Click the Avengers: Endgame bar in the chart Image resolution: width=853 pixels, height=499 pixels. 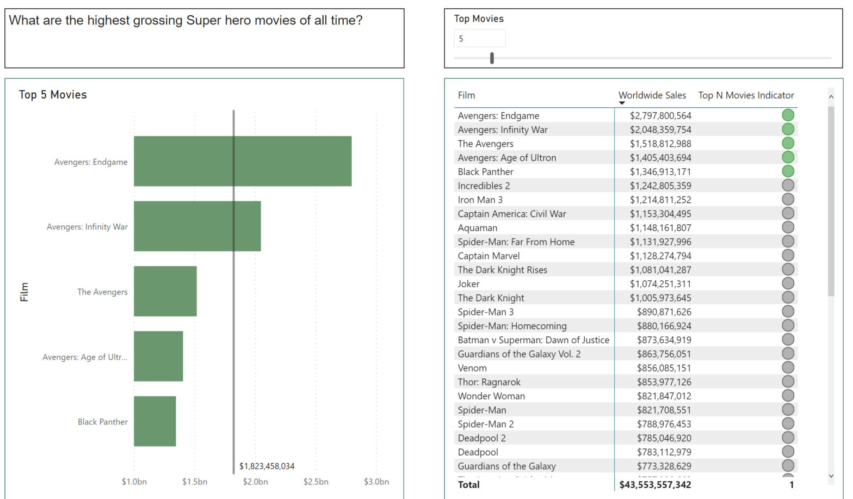243,161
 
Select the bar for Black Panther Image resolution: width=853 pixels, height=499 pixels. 155,421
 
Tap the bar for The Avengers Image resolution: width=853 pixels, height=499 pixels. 165,291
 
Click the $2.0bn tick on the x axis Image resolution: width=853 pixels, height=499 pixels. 255,482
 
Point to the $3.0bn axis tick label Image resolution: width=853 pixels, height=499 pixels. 376,482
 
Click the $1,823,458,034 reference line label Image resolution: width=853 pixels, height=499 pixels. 267,466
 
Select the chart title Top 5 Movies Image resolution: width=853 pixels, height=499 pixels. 53,95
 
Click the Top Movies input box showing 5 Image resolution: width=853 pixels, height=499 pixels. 479,39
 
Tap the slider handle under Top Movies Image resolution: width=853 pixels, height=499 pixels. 492,58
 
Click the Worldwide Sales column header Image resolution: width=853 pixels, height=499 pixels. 652,95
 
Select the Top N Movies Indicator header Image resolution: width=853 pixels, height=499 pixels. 746,95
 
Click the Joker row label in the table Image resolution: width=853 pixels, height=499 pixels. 468,284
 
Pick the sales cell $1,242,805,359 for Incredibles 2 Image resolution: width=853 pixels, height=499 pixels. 660,186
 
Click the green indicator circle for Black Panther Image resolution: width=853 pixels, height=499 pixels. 788,171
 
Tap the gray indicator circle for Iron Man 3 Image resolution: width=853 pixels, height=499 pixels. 788,200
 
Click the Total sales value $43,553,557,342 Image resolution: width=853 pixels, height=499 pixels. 655,484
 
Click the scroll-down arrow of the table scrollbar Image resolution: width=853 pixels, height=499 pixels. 831,476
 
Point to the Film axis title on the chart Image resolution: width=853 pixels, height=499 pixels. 24,292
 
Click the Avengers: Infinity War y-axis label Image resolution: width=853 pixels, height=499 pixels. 87,227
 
